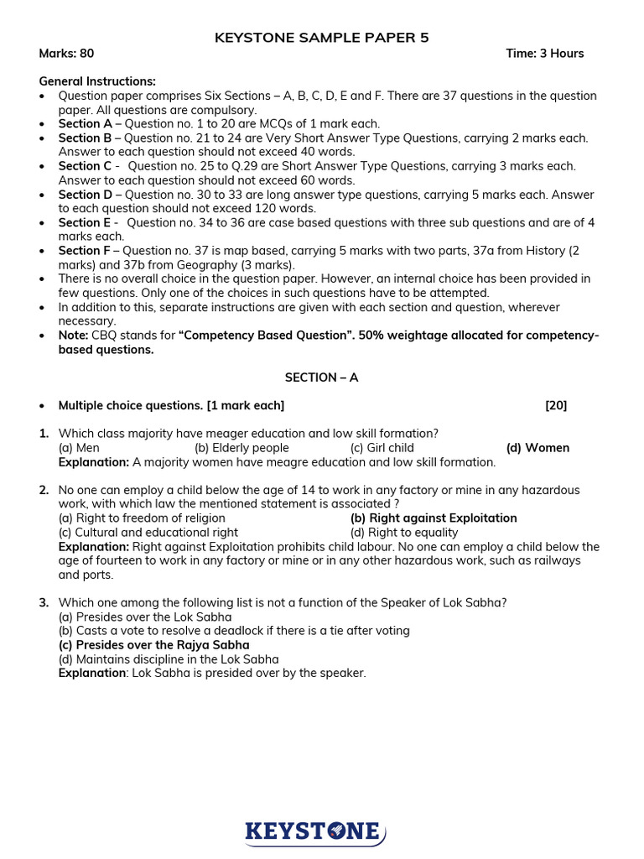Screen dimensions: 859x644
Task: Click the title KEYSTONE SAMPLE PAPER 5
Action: (x=322, y=37)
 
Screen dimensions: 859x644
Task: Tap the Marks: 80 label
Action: (x=66, y=54)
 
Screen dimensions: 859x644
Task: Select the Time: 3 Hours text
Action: (x=544, y=54)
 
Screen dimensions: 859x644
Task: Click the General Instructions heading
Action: (x=97, y=81)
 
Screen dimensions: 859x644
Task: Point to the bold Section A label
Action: (x=80, y=124)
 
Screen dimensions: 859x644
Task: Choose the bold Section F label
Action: (x=80, y=251)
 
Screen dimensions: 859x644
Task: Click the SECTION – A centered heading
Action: (x=321, y=377)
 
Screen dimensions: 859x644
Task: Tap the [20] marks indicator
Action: (x=556, y=406)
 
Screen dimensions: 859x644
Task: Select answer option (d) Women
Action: (x=538, y=448)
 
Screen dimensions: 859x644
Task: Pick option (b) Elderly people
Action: (x=241, y=448)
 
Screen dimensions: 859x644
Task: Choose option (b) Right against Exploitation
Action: (x=434, y=518)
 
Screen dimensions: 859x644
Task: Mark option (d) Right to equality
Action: (x=404, y=533)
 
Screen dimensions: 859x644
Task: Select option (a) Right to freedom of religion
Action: (x=142, y=518)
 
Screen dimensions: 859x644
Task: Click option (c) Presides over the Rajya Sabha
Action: (x=153, y=645)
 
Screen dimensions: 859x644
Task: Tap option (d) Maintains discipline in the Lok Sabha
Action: (x=168, y=659)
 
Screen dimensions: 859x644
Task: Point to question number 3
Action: (x=44, y=602)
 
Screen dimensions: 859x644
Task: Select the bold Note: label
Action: (x=73, y=336)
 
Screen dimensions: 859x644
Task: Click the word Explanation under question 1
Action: (x=93, y=462)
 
